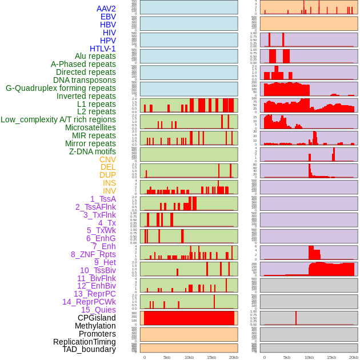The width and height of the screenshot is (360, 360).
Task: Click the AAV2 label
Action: click(x=106, y=9)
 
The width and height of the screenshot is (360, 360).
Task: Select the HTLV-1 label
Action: click(x=103, y=49)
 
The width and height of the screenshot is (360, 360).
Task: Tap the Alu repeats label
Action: click(x=95, y=57)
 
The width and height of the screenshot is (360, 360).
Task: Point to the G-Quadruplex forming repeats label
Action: click(x=61, y=88)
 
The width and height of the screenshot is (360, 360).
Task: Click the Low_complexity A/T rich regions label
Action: click(x=58, y=119)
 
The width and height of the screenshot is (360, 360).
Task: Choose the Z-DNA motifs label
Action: click(x=93, y=151)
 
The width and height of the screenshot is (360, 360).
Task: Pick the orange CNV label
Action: click(x=107, y=159)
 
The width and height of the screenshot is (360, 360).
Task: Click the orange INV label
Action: click(x=109, y=191)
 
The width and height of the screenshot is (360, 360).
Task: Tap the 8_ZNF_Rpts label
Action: click(x=93, y=254)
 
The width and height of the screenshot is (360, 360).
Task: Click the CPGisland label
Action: click(x=97, y=318)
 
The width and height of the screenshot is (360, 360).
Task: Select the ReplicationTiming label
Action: click(x=85, y=342)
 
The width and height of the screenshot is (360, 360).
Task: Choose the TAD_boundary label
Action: click(x=89, y=349)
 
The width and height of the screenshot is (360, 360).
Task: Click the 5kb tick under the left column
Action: click(x=167, y=357)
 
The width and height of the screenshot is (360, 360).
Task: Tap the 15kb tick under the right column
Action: click(x=331, y=357)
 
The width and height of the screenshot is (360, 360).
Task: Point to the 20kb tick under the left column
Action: click(x=234, y=357)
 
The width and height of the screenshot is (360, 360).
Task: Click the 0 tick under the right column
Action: click(x=265, y=357)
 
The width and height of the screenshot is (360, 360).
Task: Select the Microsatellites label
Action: click(x=90, y=127)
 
